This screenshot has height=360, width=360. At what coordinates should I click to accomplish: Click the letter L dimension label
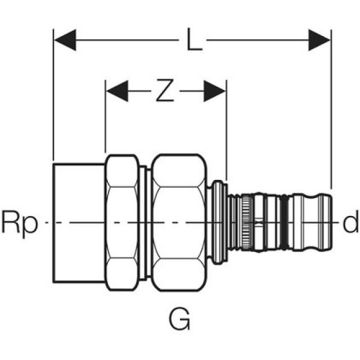pos(194,42)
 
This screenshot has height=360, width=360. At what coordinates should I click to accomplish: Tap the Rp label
pos(19,224)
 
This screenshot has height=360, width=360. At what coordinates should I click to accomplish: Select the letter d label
pos(350,224)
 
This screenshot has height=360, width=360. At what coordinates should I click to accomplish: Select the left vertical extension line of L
pos(53,101)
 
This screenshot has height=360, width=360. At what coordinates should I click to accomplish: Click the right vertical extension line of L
pos(331,112)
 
